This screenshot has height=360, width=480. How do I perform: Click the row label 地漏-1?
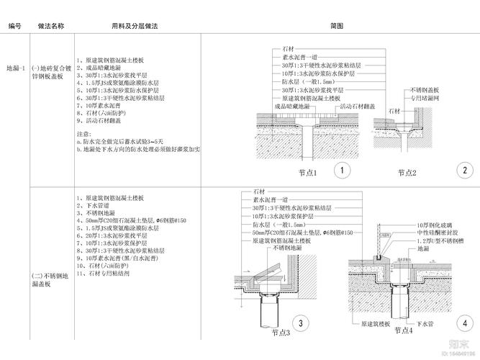pyautogui.click(x=16, y=68)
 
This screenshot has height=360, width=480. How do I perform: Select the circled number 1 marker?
pyautogui.click(x=343, y=171)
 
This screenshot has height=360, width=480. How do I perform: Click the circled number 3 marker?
pyautogui.click(x=300, y=324)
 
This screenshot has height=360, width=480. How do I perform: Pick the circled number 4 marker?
pyautogui.click(x=466, y=323)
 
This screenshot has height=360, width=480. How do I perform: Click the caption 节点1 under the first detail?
pyautogui.click(x=307, y=173)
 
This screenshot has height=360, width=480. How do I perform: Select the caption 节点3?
pyautogui.click(x=281, y=333)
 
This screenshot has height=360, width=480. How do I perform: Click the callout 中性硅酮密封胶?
pyautogui.click(x=438, y=233)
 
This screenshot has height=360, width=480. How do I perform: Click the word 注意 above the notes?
pyautogui.click(x=83, y=134)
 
